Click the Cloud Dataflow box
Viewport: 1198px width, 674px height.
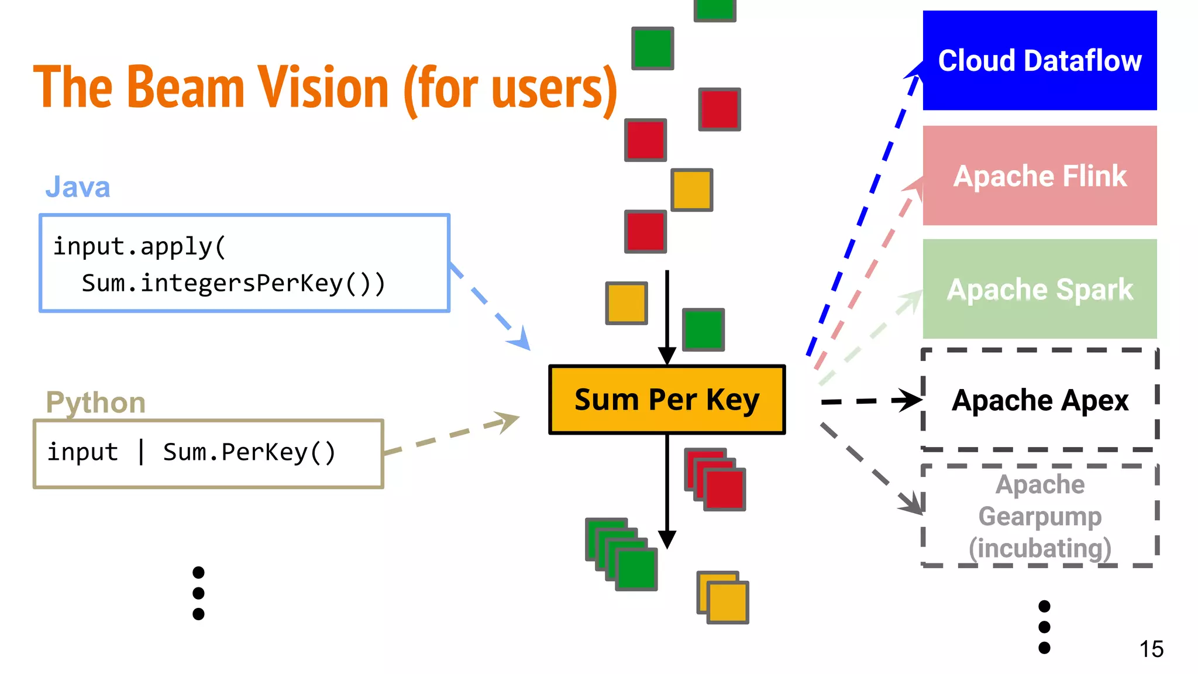coord(1039,60)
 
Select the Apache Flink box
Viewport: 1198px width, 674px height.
coord(1039,176)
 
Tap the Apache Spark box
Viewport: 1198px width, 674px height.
coord(1039,289)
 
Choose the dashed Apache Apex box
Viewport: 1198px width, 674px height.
coord(1039,400)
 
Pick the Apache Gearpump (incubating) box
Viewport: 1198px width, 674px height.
coord(1039,516)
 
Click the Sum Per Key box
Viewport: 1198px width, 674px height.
coord(667,400)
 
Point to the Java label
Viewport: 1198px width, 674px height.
coord(78,187)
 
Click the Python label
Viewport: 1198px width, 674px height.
coord(95,403)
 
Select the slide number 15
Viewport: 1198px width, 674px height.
coord(1151,649)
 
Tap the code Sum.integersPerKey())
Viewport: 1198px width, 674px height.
coord(233,283)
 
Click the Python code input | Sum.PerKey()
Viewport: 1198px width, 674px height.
coord(191,452)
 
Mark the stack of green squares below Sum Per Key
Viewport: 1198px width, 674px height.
coord(621,555)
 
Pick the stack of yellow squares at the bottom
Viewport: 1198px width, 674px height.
coord(723,597)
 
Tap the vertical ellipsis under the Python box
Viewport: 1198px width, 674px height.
coord(198,593)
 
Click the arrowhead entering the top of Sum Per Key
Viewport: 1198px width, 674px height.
coord(667,355)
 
